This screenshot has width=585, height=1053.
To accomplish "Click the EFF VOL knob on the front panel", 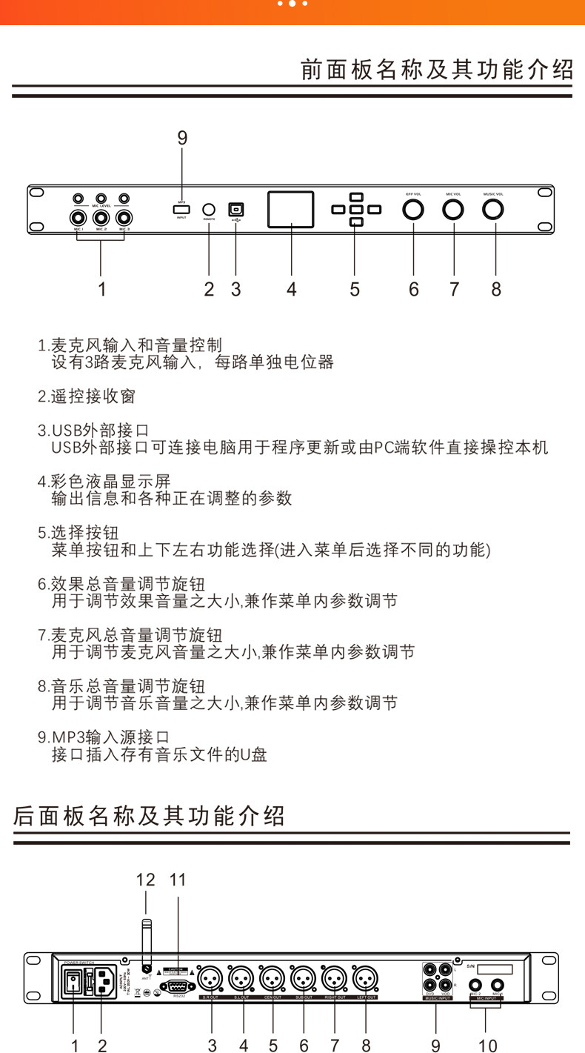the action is click(413, 210).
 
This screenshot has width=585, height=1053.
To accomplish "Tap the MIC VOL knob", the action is click(453, 210).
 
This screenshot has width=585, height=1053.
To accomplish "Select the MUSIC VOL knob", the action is click(493, 210).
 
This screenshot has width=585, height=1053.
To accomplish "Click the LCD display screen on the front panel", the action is click(291, 209).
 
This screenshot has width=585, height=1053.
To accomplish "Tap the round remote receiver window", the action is click(209, 210).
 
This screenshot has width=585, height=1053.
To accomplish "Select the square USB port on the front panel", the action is click(236, 209).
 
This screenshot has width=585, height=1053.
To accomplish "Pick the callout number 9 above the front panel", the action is click(182, 138).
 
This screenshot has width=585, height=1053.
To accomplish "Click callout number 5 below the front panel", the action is click(355, 289).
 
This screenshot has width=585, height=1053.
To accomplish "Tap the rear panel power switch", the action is click(73, 983).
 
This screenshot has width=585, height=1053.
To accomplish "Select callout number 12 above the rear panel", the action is click(146, 880).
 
